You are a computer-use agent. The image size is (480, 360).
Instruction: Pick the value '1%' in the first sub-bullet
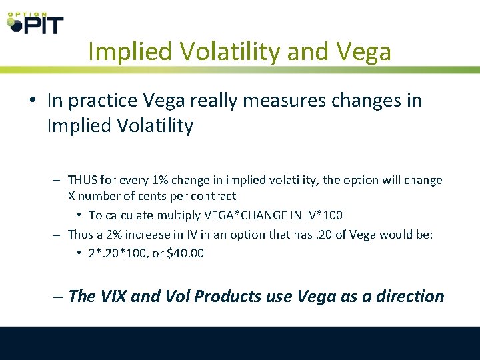click(x=161, y=181)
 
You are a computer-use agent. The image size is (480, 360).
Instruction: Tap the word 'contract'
click(x=212, y=196)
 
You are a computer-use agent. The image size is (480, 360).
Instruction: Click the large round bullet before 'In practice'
click(x=32, y=101)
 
